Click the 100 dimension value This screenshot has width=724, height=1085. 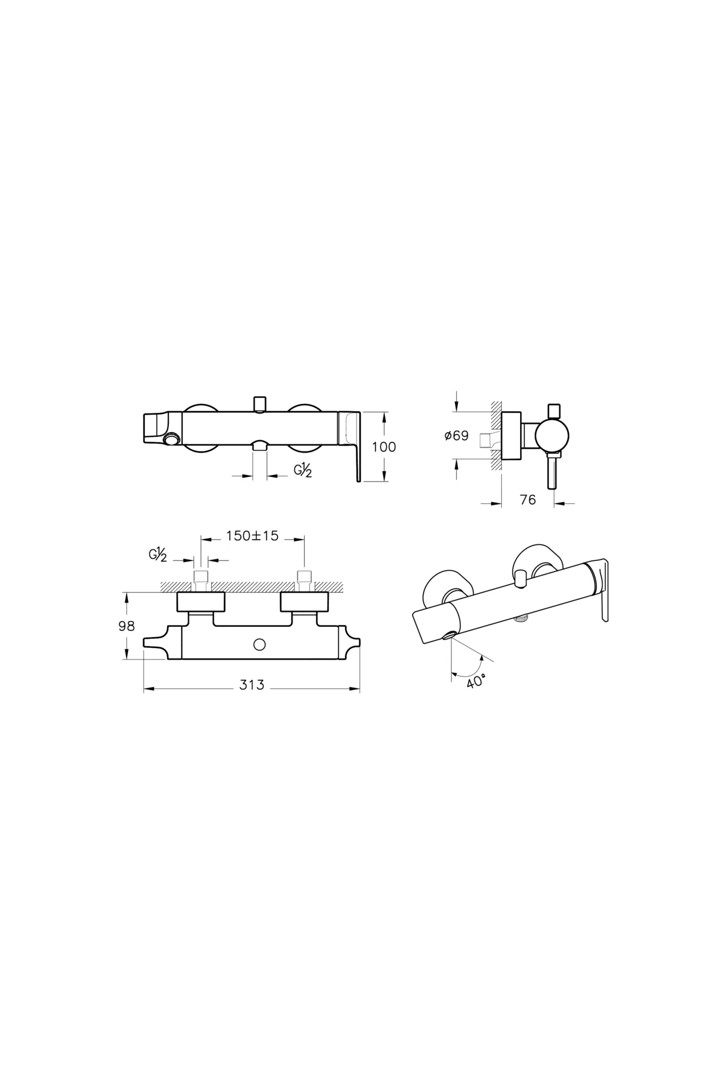384,447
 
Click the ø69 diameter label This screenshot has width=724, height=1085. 456,436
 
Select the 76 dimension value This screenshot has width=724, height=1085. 527,500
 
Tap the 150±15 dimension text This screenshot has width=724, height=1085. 252,535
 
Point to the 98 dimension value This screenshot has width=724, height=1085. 127,626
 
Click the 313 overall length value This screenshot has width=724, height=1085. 252,685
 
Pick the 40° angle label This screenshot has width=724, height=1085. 476,682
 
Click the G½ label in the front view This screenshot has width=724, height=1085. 303,471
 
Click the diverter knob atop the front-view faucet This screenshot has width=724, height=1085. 260,403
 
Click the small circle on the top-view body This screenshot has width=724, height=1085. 260,645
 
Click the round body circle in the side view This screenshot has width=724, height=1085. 551,435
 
